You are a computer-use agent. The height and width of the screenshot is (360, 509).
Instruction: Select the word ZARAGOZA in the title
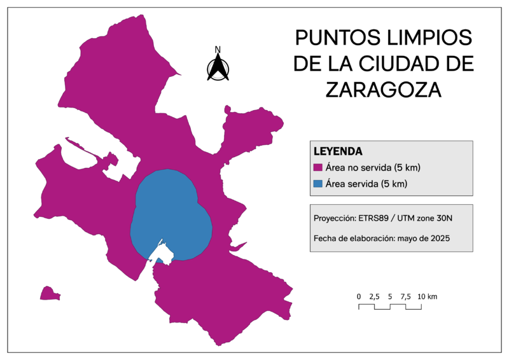[x=384, y=90]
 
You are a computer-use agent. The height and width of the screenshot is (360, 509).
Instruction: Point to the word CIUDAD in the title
[x=407, y=64]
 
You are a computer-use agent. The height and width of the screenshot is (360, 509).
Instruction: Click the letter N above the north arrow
[x=218, y=50]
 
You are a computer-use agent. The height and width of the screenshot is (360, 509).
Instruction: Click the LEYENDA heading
[x=338, y=152]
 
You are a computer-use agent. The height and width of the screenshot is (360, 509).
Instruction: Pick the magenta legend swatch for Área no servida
[x=318, y=168]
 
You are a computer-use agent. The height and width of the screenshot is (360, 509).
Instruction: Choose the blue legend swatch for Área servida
[x=318, y=184]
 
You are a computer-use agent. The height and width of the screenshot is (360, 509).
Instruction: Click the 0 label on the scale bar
[x=359, y=296]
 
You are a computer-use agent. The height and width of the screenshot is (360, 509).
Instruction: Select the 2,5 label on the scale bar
[x=375, y=296]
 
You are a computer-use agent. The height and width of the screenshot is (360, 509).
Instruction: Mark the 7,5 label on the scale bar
[x=406, y=296]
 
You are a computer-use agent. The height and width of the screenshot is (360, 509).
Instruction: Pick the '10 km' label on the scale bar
[x=428, y=296]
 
